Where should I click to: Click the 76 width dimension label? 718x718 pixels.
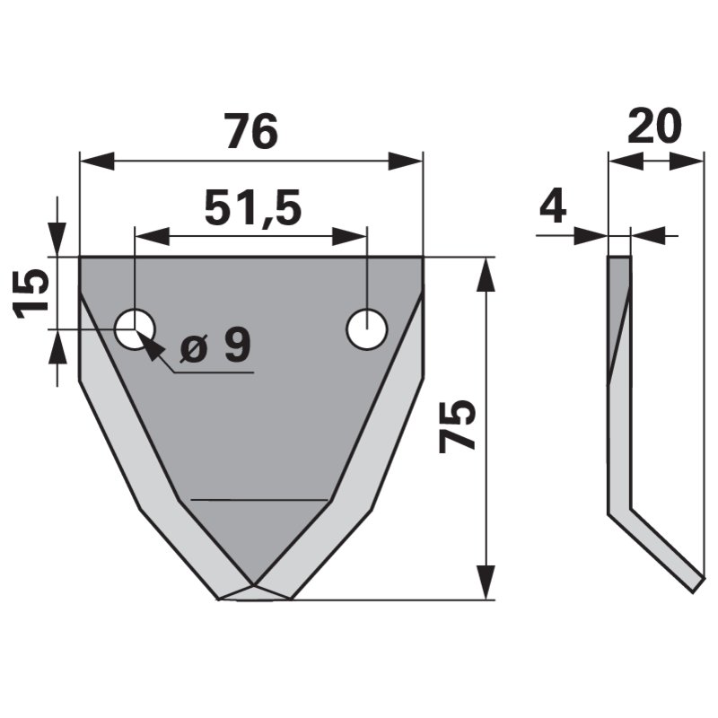[x=252, y=131]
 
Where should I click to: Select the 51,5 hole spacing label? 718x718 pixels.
[x=253, y=208]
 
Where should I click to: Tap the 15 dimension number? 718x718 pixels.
[x=32, y=293]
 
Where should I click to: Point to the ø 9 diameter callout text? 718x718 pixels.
[x=215, y=346]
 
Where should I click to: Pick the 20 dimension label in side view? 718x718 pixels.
[x=654, y=125]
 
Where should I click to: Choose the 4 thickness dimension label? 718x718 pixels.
[x=553, y=207]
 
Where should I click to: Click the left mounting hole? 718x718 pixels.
[x=136, y=329]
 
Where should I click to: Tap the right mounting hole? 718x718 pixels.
[x=367, y=329]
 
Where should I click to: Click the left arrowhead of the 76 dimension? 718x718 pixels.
[x=97, y=162]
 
